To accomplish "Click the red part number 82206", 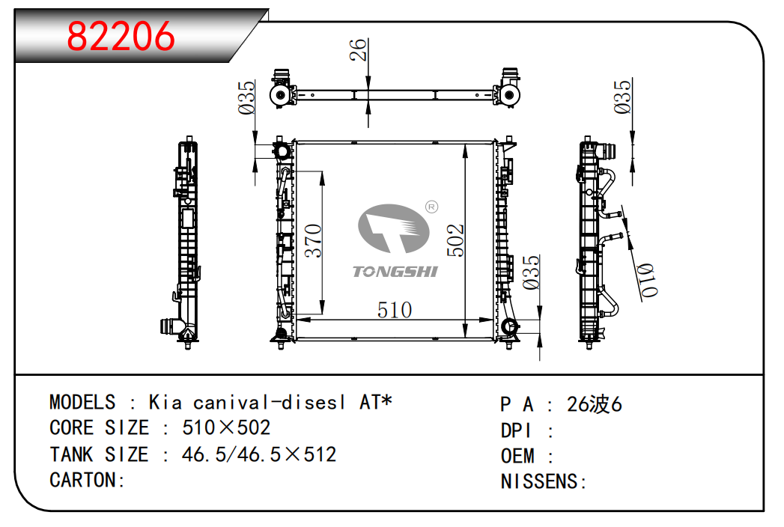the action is [121, 36].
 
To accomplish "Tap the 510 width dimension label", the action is [395, 310].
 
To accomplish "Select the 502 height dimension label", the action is [455, 240].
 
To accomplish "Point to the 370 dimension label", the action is [313, 240].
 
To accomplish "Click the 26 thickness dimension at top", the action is [358, 49].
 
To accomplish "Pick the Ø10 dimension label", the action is [648, 280].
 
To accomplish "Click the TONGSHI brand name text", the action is [395, 272].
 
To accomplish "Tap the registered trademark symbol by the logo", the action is [431, 207].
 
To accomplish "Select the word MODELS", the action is [82, 403].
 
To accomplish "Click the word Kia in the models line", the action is [165, 403].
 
